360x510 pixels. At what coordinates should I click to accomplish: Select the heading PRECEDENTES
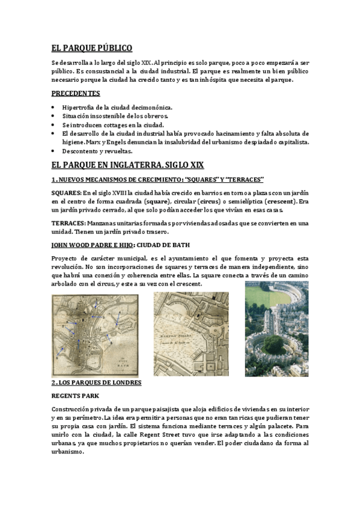coord(75,93)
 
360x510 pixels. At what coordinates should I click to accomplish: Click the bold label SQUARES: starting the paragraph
coord(66,192)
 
